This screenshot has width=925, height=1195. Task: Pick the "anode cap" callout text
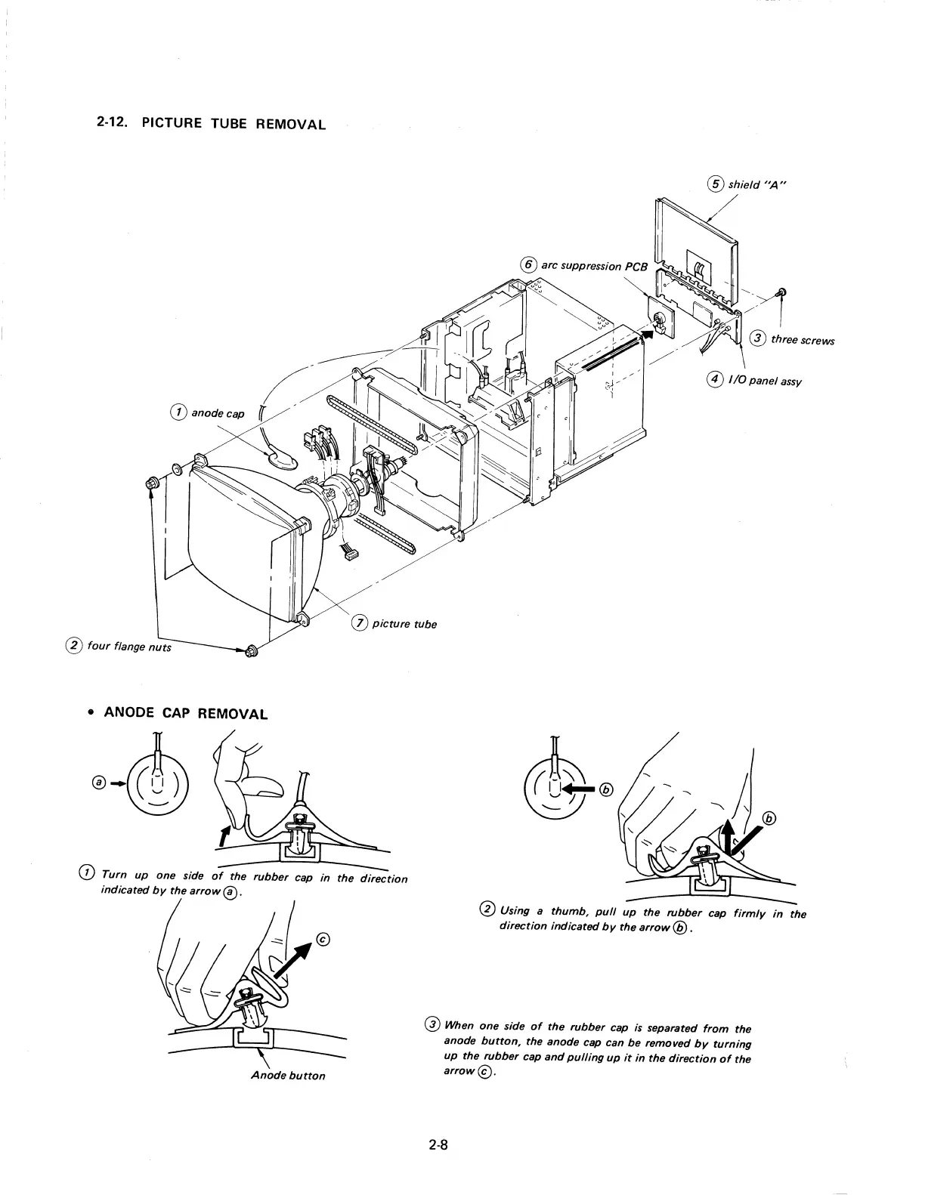218,413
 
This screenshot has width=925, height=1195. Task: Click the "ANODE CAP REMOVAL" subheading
185,713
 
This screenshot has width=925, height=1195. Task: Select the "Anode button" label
287,1075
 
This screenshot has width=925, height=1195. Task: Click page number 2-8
438,1144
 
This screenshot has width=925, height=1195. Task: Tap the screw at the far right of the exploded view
783,292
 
